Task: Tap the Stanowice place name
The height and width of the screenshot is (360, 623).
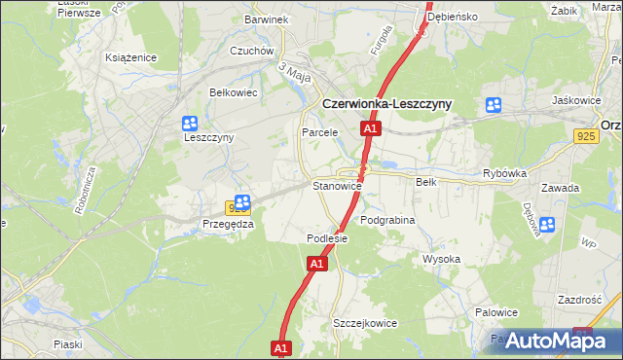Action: [337, 185]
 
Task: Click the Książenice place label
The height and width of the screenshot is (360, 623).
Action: [131, 57]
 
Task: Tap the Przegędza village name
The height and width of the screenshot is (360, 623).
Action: [228, 224]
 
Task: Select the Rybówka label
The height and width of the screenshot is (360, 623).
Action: [504, 173]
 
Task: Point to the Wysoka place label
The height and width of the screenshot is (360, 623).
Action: [441, 259]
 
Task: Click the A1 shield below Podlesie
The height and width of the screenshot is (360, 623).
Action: [316, 264]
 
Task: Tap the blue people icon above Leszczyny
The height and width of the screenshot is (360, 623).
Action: [189, 124]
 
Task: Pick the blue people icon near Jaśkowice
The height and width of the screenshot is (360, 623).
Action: [495, 104]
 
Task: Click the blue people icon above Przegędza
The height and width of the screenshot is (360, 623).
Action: [242, 201]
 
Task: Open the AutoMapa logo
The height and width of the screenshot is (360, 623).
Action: [551, 340]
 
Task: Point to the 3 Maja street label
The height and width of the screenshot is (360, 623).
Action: [293, 71]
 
